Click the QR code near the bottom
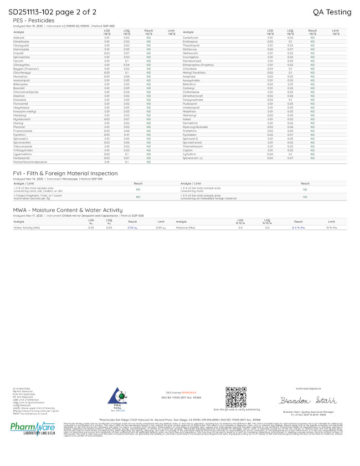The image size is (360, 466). coord(233,397)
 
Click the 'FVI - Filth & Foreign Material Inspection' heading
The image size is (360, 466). coord(65,173)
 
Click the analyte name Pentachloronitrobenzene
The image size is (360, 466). coord(28,162)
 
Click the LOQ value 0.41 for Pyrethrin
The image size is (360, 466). coord(126,135)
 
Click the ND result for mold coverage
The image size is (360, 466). coord(305,189)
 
